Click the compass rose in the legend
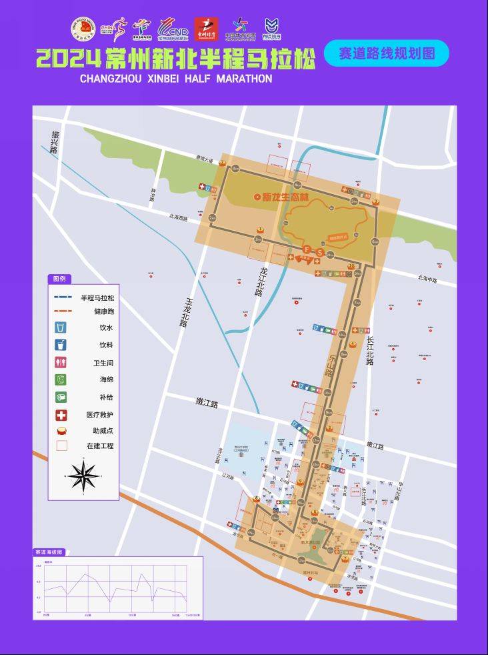(x=83, y=476)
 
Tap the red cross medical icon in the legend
(x=61, y=414)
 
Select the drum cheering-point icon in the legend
(x=61, y=430)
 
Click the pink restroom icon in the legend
(x=61, y=363)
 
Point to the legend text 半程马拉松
(x=97, y=298)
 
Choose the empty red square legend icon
(x=61, y=445)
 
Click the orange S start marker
(x=319, y=253)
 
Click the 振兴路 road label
(x=54, y=142)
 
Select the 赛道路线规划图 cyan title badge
(x=387, y=53)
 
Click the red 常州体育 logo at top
(x=206, y=29)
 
